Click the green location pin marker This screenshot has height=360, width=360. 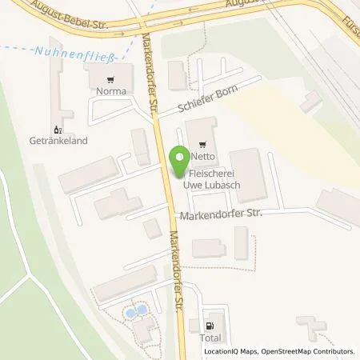[182, 160]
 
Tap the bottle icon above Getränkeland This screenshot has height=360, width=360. [56, 129]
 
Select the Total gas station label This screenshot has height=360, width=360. [210, 338]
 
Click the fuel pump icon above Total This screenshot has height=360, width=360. [210, 326]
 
